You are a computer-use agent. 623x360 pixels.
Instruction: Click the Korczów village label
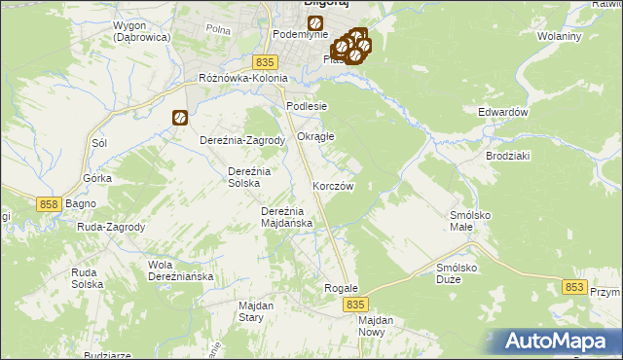point(332,185)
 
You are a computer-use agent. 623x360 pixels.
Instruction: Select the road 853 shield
point(575,287)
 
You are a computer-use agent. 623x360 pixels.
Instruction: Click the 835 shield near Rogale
point(355,305)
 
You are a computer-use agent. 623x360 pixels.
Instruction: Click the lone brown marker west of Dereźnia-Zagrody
point(180,118)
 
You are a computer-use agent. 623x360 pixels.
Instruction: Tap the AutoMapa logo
point(563,342)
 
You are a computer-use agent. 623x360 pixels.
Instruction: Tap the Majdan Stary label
point(256,311)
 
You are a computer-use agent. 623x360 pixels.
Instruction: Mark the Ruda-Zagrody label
point(110,227)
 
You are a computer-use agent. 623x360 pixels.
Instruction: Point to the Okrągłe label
point(315,136)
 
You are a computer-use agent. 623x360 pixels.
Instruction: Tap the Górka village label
point(97,179)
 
